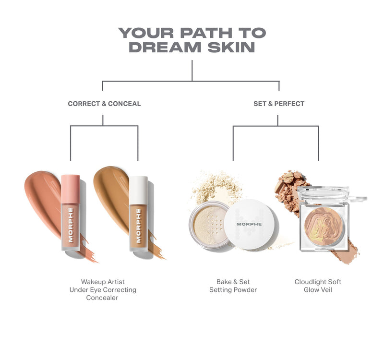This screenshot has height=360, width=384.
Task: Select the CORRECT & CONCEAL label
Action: coord(104,104)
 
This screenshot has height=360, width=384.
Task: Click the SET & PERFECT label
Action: coord(279,104)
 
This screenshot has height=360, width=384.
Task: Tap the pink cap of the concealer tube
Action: coord(71,188)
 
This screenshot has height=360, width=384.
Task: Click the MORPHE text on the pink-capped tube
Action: coord(71,225)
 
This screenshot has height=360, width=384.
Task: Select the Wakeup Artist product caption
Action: coord(103,282)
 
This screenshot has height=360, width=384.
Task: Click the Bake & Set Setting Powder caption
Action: coord(233,286)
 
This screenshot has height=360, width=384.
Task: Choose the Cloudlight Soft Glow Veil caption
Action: coord(318,286)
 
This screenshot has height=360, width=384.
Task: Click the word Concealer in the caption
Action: coord(103,298)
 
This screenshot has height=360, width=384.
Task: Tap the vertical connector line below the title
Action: coord(192,70)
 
